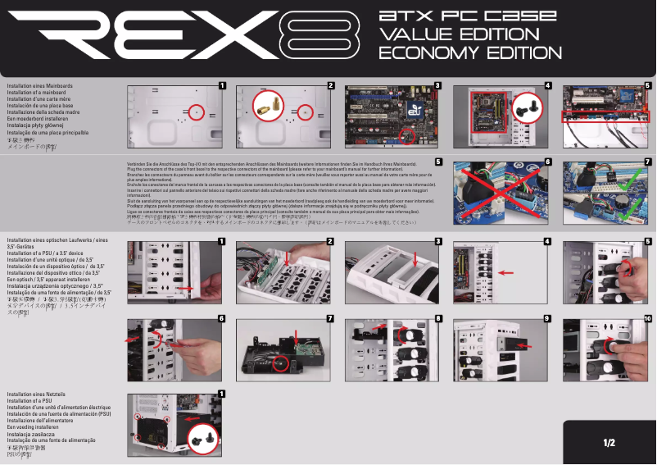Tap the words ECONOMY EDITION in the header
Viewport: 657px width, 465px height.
(x=464, y=53)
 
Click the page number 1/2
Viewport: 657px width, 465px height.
(x=609, y=443)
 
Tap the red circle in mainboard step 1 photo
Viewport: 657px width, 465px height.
(x=195, y=111)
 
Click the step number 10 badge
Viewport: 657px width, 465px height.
(x=648, y=318)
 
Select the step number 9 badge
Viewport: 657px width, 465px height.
(x=546, y=318)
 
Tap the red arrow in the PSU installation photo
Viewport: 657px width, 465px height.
(x=192, y=418)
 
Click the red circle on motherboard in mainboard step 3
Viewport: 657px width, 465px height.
(x=406, y=133)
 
